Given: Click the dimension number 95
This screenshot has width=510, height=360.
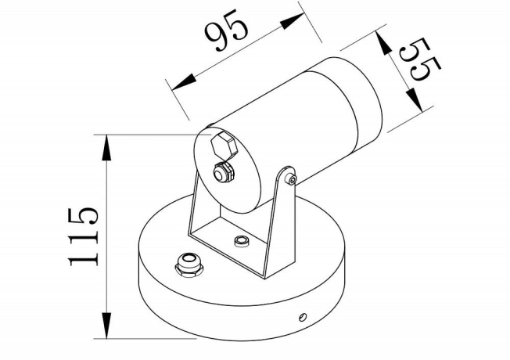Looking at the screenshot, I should pos(227,34).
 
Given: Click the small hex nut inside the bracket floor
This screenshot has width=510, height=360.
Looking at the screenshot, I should pos(242,239).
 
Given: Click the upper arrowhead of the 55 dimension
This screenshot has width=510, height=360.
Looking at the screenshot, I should pos(386,41).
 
